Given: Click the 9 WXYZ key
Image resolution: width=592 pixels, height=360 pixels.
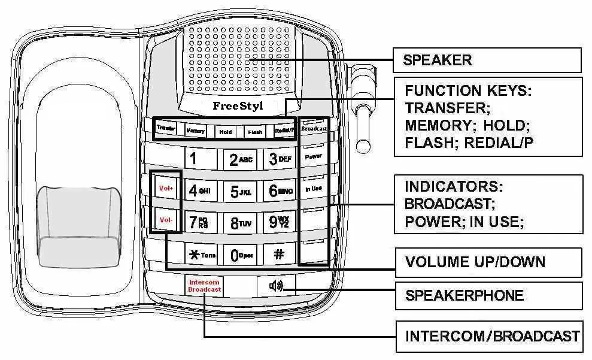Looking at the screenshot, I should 279,222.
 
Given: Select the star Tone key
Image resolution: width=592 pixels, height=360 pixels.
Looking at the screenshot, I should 199,255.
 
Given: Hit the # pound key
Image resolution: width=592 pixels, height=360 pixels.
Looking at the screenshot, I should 279,254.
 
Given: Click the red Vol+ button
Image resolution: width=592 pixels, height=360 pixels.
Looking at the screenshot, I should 166,188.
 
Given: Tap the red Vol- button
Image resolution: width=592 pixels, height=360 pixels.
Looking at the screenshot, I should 166,220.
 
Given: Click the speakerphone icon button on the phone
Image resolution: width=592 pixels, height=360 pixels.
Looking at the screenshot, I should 276,286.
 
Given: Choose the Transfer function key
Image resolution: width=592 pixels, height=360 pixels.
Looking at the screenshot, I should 166,128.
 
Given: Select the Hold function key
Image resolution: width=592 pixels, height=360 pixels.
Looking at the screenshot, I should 226,131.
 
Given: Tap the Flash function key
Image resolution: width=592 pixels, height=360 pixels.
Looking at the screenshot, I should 256,132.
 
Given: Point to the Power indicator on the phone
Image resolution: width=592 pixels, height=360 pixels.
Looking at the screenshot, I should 314,156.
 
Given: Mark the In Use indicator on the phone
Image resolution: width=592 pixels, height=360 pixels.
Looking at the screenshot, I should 314,188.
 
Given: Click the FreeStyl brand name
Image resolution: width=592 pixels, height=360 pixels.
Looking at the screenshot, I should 238,106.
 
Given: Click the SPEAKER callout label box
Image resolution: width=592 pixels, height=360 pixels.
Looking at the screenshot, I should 487,60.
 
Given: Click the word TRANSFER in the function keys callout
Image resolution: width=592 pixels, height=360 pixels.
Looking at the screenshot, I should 444,108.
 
